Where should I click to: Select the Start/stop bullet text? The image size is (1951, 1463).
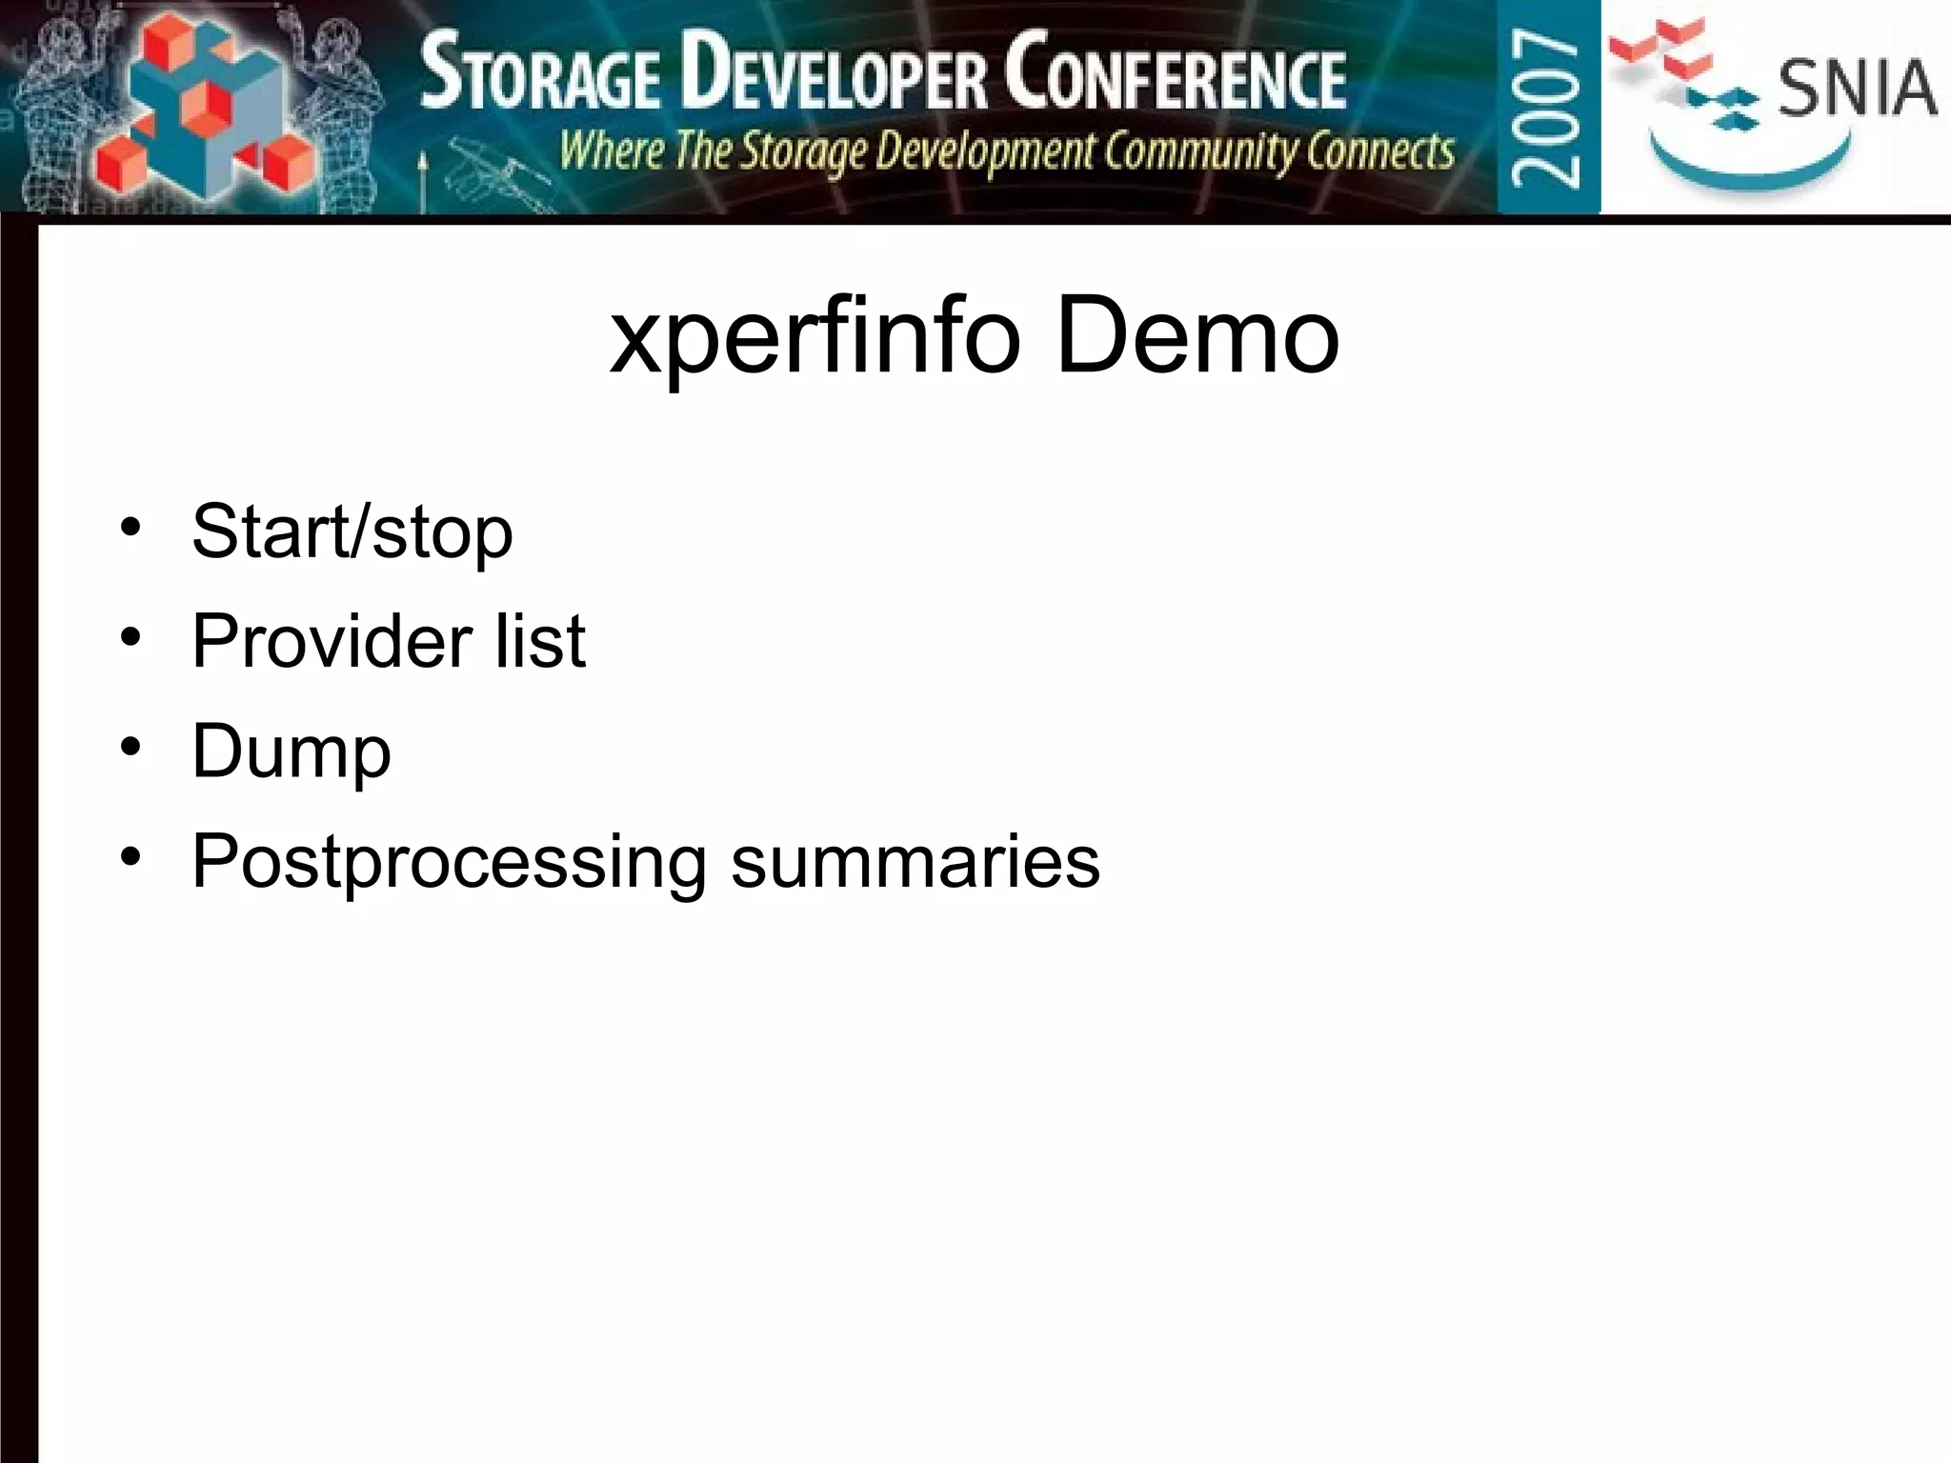352,531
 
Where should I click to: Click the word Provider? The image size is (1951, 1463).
332,641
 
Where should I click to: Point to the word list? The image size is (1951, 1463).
540,641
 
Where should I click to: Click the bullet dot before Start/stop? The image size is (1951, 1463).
131,527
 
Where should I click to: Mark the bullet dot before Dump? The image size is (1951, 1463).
131,747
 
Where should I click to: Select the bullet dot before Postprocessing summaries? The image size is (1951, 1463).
131,856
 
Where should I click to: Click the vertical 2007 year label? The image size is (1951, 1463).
1547,107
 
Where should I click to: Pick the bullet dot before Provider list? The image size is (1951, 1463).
131,636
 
